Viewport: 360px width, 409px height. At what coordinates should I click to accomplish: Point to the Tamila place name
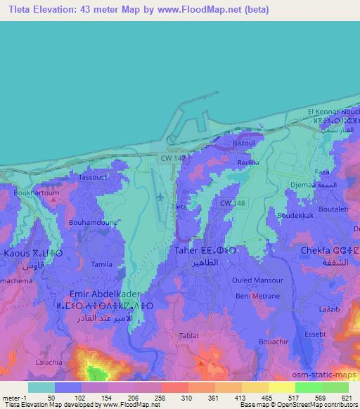click(103, 263)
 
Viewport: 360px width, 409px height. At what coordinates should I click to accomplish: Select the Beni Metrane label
click(250, 297)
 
